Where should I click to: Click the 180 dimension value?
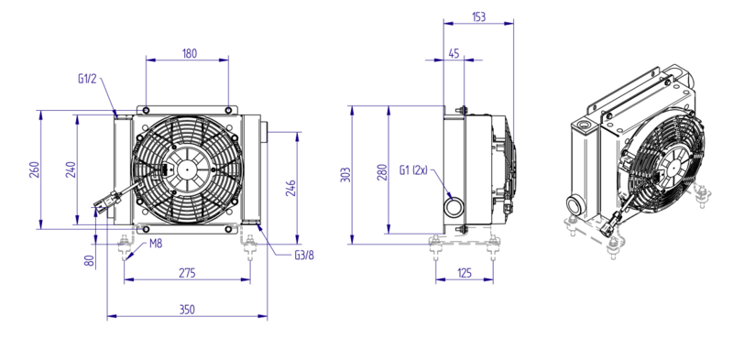[190, 53]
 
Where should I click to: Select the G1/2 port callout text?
[87, 79]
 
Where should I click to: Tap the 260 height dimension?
[34, 169]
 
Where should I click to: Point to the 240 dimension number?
[71, 169]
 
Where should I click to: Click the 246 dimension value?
[290, 188]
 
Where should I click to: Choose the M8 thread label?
[156, 244]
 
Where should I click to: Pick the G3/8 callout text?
[304, 256]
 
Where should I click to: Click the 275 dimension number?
[187, 273]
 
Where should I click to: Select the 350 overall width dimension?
[187, 310]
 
